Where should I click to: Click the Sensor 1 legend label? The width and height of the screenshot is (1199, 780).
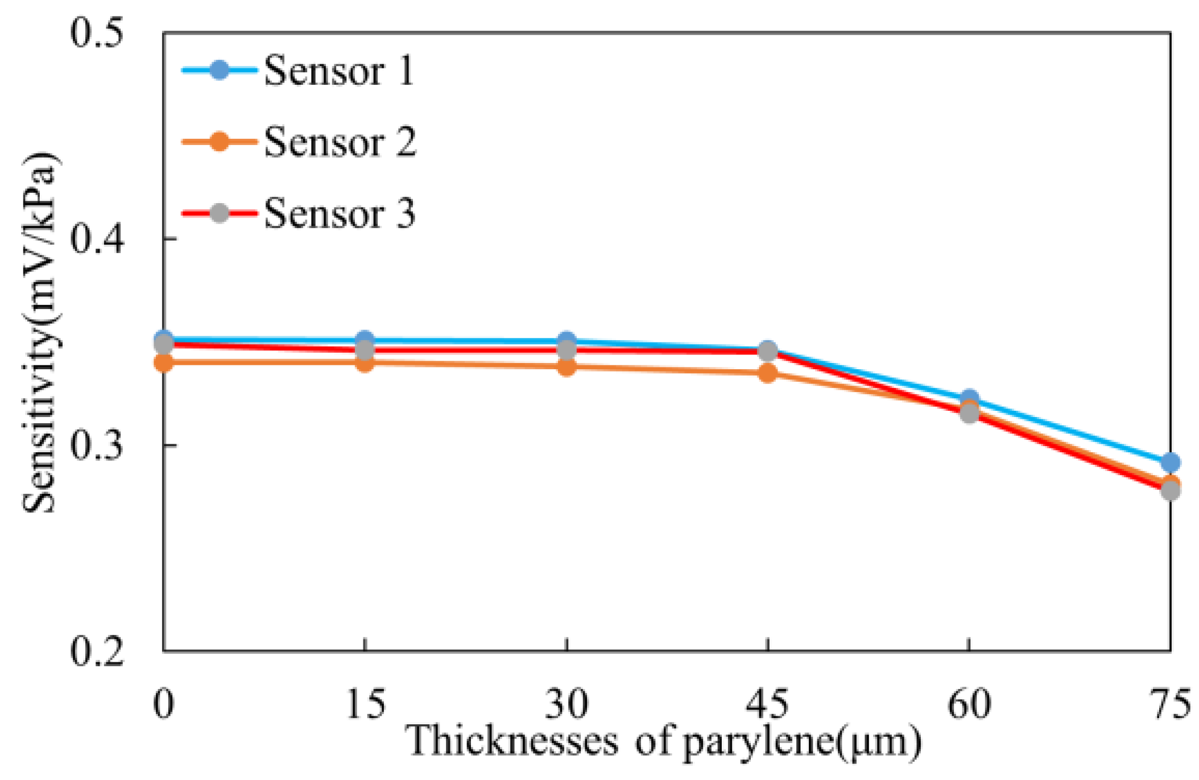click(x=339, y=71)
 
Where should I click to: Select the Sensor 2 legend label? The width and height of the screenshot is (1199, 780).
click(x=340, y=142)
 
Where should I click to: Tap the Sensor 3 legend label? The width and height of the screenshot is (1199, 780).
click(x=340, y=213)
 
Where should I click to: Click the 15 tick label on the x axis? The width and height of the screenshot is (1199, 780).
click(x=366, y=704)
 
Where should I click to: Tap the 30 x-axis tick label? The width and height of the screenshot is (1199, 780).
click(x=566, y=704)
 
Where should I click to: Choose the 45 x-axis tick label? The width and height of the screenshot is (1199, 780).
click(x=768, y=704)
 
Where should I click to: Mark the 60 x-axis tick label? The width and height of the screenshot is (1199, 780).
click(x=969, y=704)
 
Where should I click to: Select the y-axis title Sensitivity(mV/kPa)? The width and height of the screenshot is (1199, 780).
click(x=40, y=333)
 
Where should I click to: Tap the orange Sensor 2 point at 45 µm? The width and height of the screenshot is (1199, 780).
click(x=768, y=373)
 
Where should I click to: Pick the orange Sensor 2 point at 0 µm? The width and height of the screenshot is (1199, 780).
click(x=164, y=362)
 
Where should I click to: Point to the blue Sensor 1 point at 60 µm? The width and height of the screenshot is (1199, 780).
click(x=969, y=399)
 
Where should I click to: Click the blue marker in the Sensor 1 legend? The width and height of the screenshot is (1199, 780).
click(x=220, y=70)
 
